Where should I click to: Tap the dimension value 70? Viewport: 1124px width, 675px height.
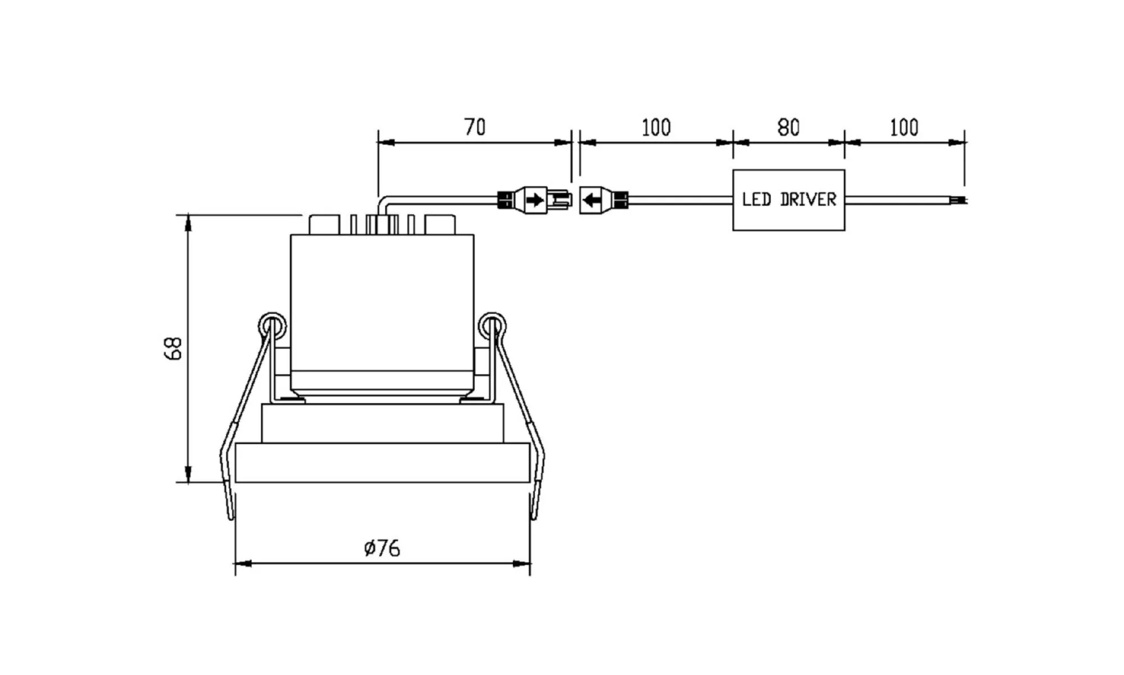475,127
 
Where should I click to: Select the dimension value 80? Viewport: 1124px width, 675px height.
788,128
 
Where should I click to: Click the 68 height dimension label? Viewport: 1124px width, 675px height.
173,348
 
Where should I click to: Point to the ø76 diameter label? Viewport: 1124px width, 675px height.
382,548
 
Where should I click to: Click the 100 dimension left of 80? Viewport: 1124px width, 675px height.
656,128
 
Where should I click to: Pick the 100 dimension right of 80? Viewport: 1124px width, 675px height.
904,128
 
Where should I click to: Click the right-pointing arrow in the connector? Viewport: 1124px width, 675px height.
535,200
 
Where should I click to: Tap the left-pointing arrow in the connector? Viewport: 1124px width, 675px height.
592,200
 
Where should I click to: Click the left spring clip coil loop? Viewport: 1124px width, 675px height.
272,326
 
